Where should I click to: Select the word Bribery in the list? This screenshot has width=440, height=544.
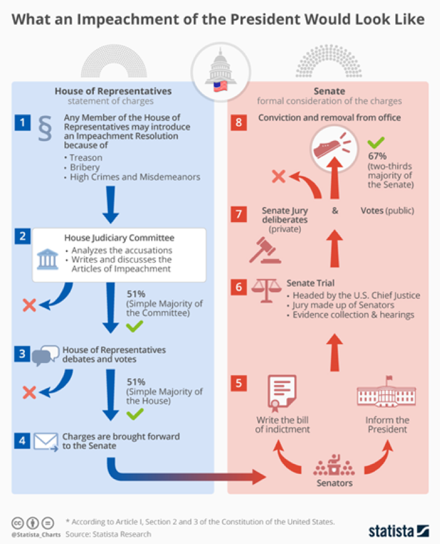pyautogui.click(x=85, y=167)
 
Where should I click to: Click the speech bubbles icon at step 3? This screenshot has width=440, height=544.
pyautogui.click(x=46, y=355)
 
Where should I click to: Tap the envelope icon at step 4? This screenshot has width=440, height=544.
pyautogui.click(x=45, y=441)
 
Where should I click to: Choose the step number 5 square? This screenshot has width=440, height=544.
pyautogui.click(x=240, y=382)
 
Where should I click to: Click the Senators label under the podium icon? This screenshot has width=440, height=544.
pyautogui.click(x=334, y=483)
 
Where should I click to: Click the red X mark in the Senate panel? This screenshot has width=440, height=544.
pyautogui.click(x=278, y=177)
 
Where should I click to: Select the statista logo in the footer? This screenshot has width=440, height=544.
pyautogui.click(x=399, y=531)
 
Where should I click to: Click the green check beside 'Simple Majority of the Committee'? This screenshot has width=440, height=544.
pyautogui.click(x=134, y=326)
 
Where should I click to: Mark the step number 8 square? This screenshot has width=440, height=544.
pyautogui.click(x=240, y=123)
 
